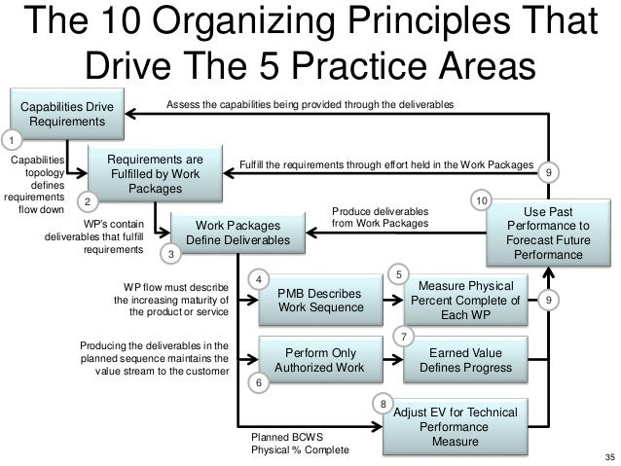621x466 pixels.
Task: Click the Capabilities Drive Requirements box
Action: click(68, 114)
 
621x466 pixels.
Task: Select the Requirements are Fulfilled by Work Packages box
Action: click(156, 172)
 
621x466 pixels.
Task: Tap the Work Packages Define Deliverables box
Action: click(237, 232)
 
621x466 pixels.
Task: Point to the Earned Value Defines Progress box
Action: click(471, 360)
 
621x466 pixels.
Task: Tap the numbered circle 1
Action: click(13, 139)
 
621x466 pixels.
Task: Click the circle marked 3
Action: click(170, 255)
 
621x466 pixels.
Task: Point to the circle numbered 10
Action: click(481, 199)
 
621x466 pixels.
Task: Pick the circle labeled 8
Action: click(384, 403)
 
